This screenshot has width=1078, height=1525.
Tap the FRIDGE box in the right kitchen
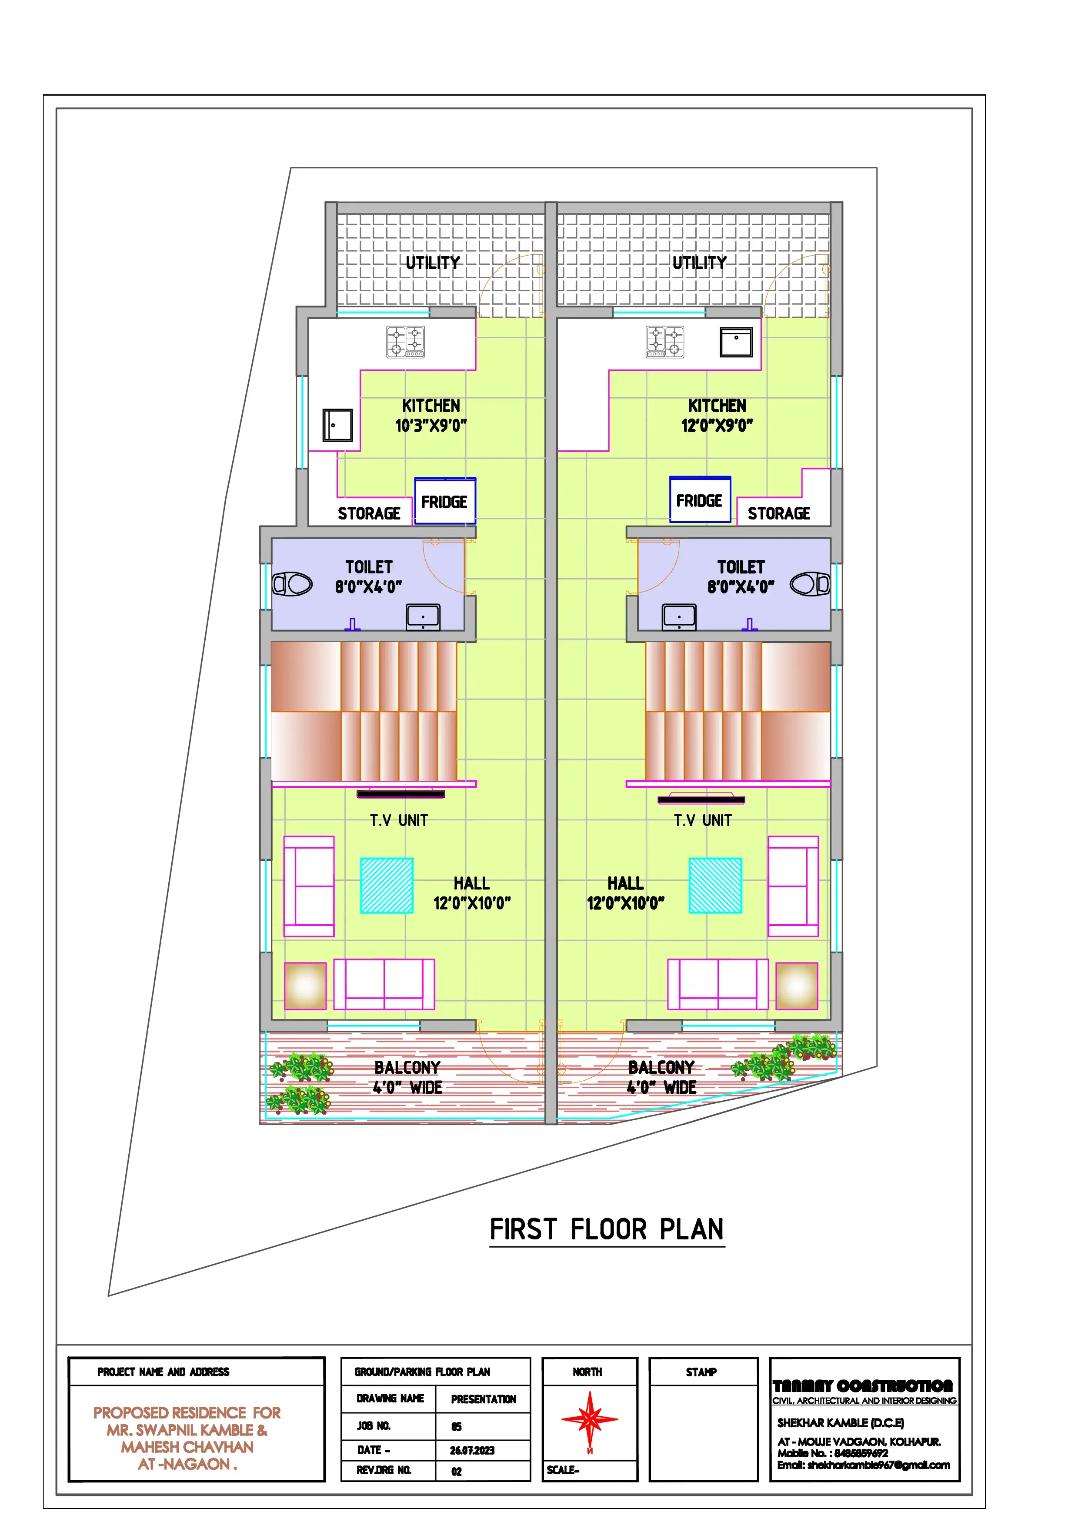(700, 499)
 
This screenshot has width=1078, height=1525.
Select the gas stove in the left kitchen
(406, 342)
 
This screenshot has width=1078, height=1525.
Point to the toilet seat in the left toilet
(292, 585)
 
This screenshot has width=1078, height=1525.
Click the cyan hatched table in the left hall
(387, 886)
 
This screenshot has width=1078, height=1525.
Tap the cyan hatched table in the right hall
(715, 886)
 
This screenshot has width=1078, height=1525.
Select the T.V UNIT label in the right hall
(703, 820)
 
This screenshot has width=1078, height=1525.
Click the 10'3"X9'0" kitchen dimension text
(431, 426)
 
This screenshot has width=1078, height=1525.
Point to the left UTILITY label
(433, 263)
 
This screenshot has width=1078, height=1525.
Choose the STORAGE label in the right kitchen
(779, 513)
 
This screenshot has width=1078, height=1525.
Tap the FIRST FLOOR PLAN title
(607, 1229)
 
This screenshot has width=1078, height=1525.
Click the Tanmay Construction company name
(863, 1386)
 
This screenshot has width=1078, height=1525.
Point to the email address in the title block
(864, 1465)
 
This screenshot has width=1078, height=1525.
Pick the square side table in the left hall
(306, 986)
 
